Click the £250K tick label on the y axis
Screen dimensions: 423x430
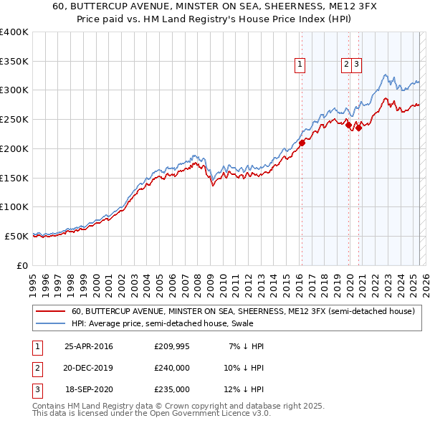[x=14, y=119]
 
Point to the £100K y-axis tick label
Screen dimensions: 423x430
[x=14, y=206]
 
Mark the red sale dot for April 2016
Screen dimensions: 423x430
[x=302, y=143]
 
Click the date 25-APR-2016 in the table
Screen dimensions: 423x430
[x=89, y=346]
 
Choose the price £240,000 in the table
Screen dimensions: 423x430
[x=172, y=368]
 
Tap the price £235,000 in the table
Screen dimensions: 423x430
[x=172, y=389]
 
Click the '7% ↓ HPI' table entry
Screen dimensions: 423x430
[x=246, y=346]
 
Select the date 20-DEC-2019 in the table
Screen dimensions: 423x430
[x=89, y=368]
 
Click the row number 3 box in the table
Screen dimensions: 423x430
[x=37, y=389]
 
